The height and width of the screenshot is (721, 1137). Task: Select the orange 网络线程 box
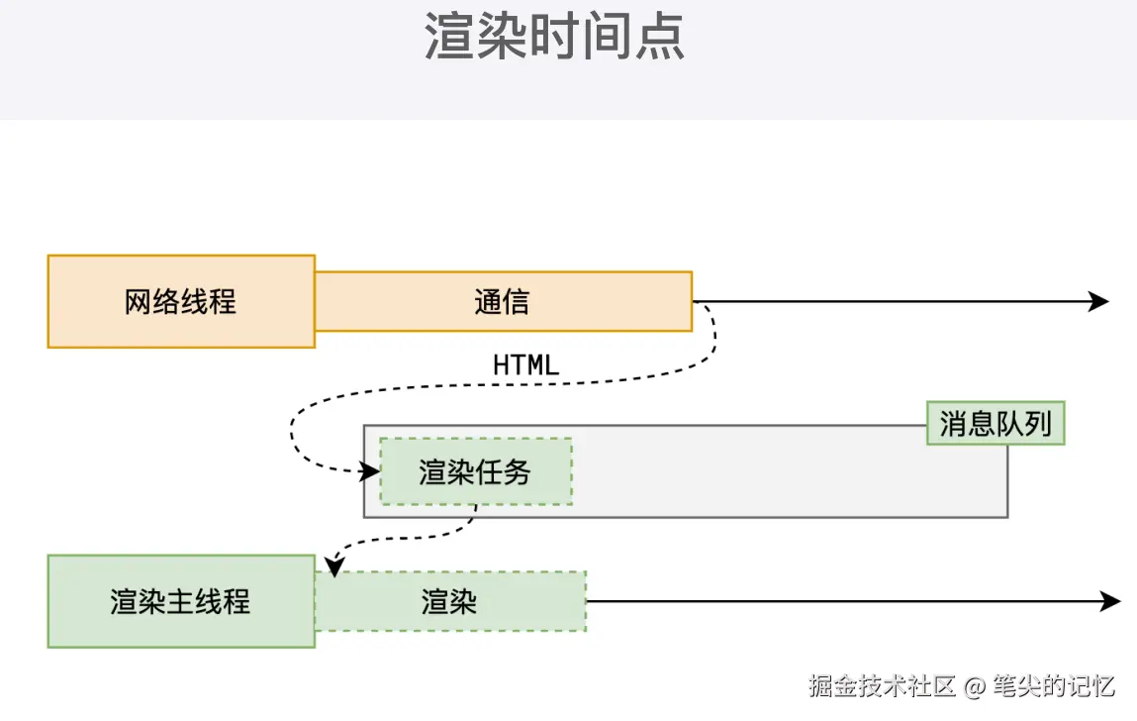click(x=181, y=301)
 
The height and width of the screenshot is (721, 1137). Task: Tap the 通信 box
click(x=503, y=301)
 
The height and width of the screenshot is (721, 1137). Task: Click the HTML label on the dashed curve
click(x=525, y=364)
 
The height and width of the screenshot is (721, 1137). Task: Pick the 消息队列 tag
click(x=995, y=424)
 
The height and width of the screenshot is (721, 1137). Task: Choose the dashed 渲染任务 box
click(x=475, y=471)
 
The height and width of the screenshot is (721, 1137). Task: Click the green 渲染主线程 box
click(x=181, y=601)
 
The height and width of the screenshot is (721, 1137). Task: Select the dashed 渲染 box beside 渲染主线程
click(x=450, y=601)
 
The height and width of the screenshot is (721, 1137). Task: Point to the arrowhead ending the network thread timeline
click(x=1099, y=301)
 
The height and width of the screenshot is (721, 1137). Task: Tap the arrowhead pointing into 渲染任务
click(x=371, y=471)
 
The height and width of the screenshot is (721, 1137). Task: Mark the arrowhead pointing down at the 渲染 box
click(x=334, y=567)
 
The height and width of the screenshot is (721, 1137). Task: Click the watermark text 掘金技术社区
click(x=882, y=685)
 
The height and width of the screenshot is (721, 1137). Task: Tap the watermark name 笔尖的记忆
click(x=1055, y=685)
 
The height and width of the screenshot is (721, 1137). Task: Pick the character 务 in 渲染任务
click(x=517, y=471)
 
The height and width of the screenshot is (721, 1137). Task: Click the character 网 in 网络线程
click(x=139, y=301)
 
